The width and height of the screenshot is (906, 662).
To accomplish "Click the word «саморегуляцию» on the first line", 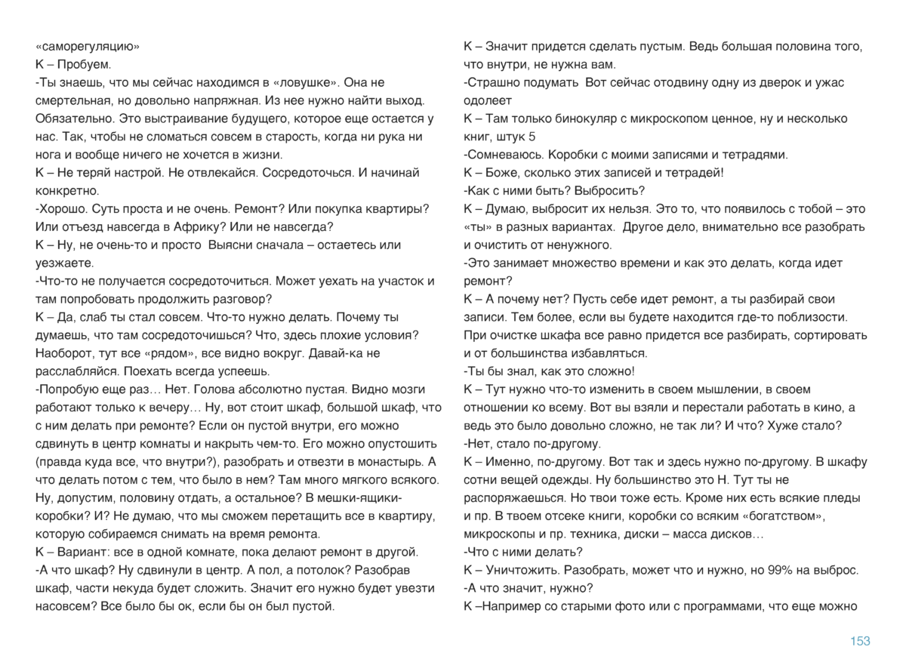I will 87,46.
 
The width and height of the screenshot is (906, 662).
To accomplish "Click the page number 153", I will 860,641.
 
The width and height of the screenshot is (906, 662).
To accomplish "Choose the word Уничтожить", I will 525,570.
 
